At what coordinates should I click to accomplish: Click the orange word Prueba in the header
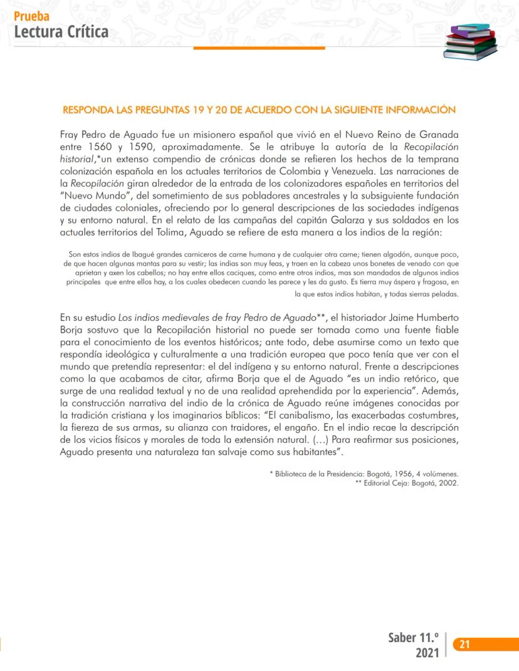(31, 17)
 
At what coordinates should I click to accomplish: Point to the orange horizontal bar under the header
(259, 48)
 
